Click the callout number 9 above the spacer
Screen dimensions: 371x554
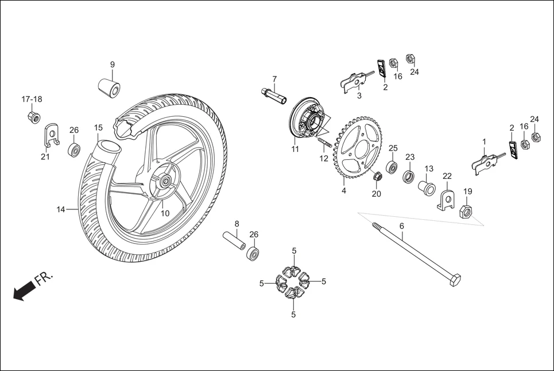point(113,64)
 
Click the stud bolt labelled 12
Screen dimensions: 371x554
point(325,141)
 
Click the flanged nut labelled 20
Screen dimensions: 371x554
point(377,176)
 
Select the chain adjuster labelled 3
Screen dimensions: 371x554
point(356,81)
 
